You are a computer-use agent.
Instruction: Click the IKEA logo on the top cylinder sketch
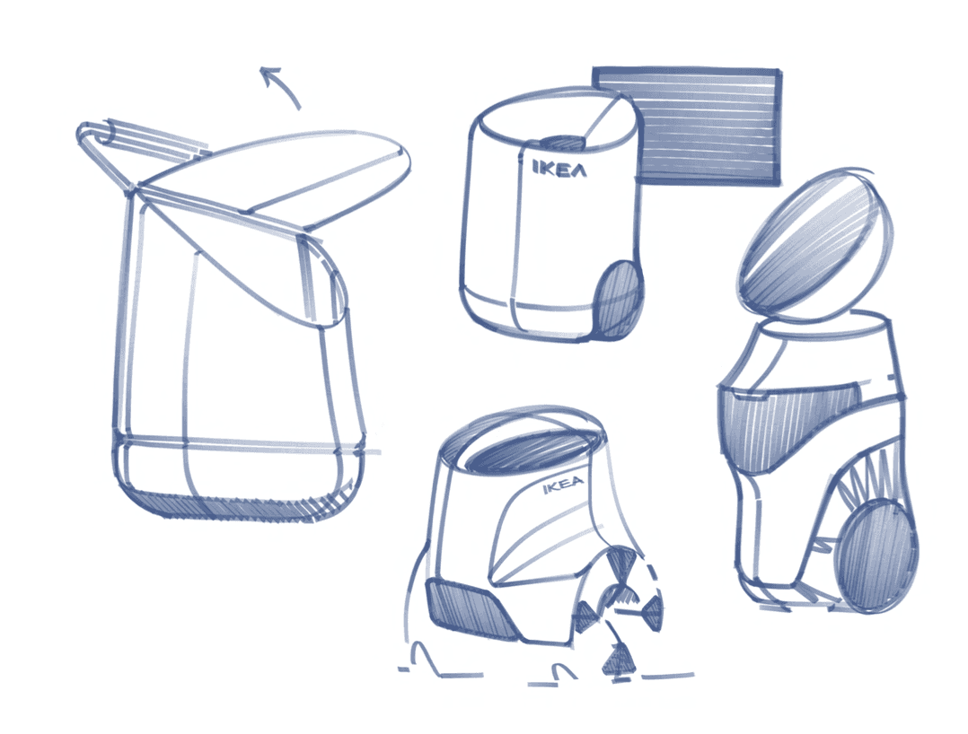[559, 169]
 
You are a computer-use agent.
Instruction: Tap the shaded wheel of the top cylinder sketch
[618, 299]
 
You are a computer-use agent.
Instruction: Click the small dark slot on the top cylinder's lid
[562, 143]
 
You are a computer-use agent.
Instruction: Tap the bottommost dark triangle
[615, 660]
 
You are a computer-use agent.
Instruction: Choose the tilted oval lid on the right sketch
[816, 244]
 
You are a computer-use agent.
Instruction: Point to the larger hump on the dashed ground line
[426, 658]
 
